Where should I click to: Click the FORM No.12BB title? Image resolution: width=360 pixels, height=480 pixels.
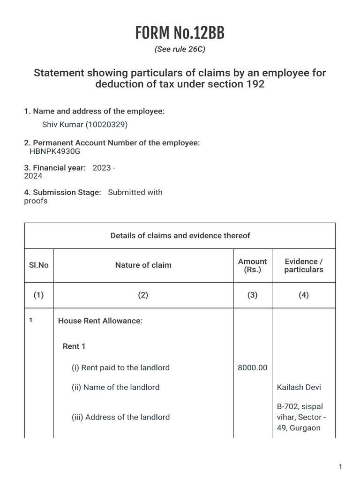180,33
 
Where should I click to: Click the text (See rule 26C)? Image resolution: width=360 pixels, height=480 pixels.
180,49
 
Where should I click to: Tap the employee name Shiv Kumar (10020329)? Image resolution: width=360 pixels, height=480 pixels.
85,125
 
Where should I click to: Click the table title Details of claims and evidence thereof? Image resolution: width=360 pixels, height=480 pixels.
180,236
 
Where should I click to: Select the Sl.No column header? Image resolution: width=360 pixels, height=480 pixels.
39,265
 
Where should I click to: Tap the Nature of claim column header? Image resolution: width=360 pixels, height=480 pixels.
143,265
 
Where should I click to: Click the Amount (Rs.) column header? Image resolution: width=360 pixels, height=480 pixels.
253,265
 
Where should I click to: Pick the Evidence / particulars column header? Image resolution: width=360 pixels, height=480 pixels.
304,265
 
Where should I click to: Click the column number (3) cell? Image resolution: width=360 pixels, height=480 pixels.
253,295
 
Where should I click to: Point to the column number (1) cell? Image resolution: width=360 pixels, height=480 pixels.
39,295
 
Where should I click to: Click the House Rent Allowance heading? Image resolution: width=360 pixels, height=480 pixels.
100,321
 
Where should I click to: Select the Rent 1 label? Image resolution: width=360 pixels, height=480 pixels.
74,346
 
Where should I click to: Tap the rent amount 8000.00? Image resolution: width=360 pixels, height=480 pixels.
253,368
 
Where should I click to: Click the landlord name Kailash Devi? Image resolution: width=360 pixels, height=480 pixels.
299,388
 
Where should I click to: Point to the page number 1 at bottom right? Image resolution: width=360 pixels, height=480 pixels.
340,467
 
